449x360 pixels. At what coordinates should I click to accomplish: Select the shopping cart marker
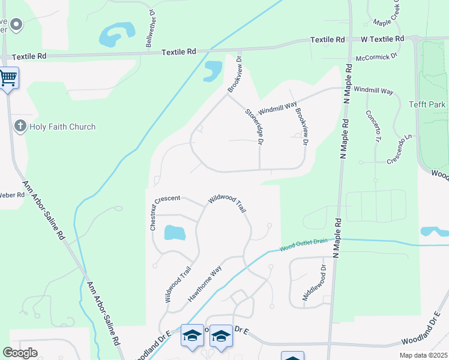pyautogui.click(x=8, y=78)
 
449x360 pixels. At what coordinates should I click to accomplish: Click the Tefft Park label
pyautogui.click(x=427, y=104)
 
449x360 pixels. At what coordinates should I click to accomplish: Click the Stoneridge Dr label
pyautogui.click(x=255, y=126)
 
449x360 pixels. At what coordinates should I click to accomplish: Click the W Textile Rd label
pyautogui.click(x=382, y=39)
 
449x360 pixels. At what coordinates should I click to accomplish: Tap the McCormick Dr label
pyautogui.click(x=377, y=57)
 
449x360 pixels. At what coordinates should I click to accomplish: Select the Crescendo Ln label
pyautogui.click(x=401, y=150)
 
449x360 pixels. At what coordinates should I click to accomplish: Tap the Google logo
pyautogui.click(x=20, y=352)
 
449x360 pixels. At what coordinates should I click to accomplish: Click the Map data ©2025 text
pyautogui.click(x=423, y=355)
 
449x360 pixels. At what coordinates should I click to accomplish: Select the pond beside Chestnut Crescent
pyautogui.click(x=175, y=233)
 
